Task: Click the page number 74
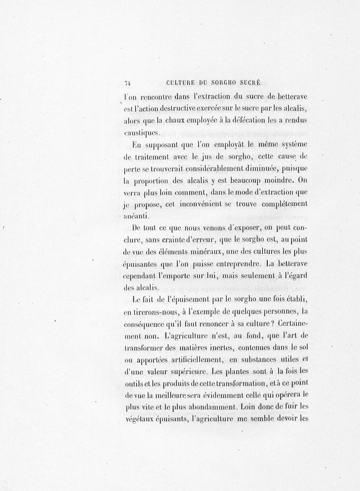pyautogui.click(x=127, y=82)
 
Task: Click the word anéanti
pyautogui.click(x=137, y=216)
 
